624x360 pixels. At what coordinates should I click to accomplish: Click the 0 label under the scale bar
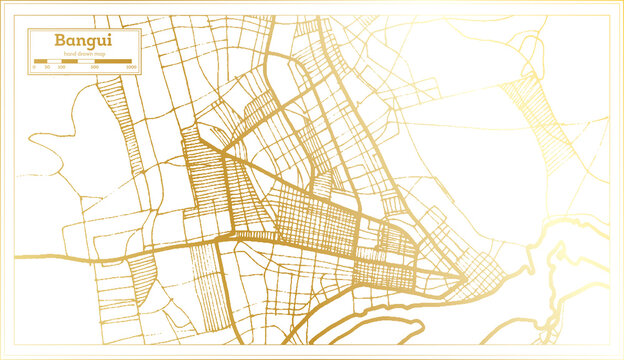(36, 69)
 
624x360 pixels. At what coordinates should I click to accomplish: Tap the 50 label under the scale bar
(47, 69)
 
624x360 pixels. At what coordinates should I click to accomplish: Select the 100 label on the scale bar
(60, 69)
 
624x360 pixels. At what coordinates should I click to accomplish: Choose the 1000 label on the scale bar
(131, 69)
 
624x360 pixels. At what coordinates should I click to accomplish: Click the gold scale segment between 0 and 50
(42, 63)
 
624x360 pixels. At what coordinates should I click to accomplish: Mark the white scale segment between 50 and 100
(54, 63)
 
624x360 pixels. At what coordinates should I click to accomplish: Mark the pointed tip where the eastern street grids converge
(462, 279)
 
